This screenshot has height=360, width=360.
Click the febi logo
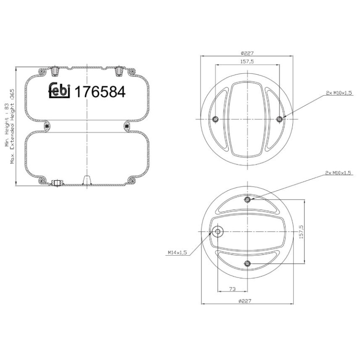59,90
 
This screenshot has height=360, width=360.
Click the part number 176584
100,92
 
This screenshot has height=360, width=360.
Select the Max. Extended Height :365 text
12,126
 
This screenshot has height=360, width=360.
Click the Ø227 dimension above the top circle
247,53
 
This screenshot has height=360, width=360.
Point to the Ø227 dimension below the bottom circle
245,301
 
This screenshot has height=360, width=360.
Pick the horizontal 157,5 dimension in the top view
247,62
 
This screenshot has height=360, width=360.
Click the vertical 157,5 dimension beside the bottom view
301,232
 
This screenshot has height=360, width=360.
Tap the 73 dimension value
232,289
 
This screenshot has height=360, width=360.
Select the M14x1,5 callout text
177,253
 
